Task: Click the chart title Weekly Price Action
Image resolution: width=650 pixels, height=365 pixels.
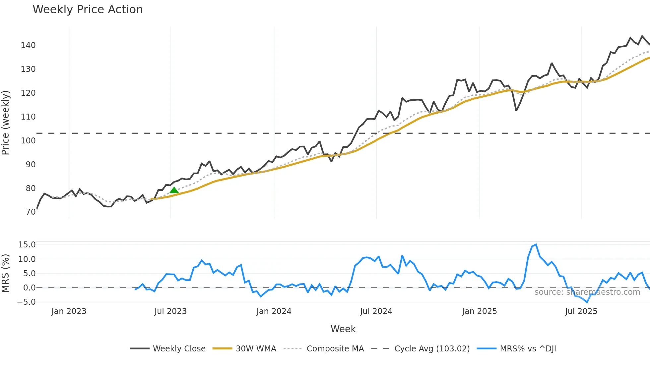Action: (x=88, y=10)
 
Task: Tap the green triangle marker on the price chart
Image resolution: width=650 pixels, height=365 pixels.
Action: (x=174, y=190)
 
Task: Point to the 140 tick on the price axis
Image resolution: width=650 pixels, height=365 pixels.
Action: (x=28, y=45)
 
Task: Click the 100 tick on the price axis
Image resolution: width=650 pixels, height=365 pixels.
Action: (x=28, y=141)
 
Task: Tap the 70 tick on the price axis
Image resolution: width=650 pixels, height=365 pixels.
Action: (x=31, y=212)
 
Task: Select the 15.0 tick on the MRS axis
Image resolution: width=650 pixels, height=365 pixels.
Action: (x=27, y=245)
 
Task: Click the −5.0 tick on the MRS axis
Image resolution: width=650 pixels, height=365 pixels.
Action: (x=26, y=302)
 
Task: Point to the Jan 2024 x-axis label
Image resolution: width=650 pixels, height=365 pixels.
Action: (x=274, y=311)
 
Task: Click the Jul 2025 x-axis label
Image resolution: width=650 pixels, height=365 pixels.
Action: (x=581, y=311)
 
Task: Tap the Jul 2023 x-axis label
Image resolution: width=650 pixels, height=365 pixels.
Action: (x=170, y=311)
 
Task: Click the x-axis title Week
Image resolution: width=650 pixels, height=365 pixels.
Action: (x=343, y=329)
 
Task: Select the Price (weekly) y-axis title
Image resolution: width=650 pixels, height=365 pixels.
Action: (x=6, y=123)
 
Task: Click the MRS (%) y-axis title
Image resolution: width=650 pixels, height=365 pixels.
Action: (x=6, y=273)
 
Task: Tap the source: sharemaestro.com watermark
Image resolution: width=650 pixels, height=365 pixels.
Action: (x=587, y=292)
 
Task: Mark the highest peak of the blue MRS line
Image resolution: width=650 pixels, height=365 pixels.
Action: (x=536, y=244)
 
